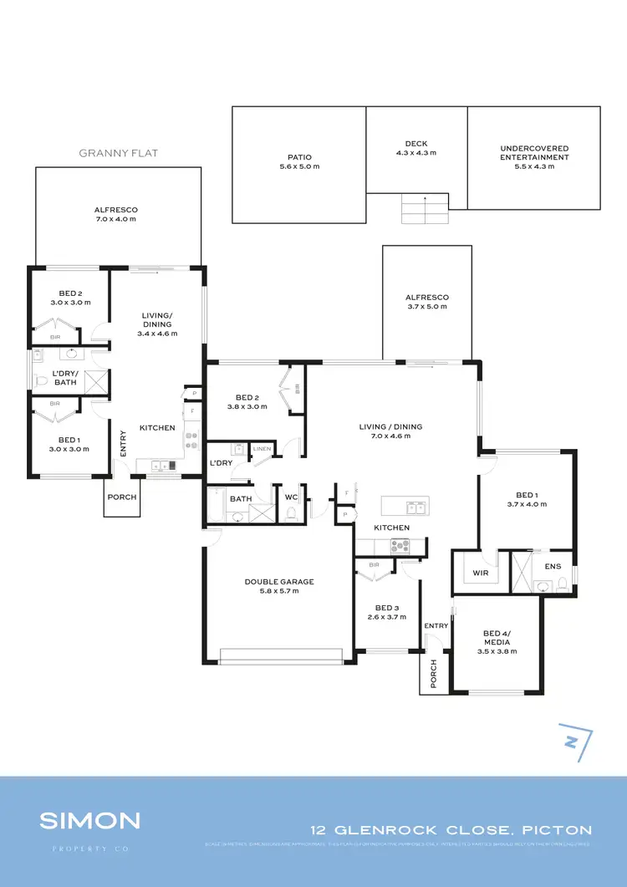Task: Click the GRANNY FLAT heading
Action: (118, 153)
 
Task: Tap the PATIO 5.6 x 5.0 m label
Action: (298, 161)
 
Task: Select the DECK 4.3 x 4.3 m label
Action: (415, 148)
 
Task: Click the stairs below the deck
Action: (425, 208)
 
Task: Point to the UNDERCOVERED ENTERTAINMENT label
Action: (533, 157)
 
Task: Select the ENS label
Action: (553, 567)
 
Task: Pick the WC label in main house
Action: (291, 497)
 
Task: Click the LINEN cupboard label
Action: (263, 450)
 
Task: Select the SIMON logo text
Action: (89, 820)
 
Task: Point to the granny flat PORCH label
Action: (121, 497)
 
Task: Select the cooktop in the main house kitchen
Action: (399, 547)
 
